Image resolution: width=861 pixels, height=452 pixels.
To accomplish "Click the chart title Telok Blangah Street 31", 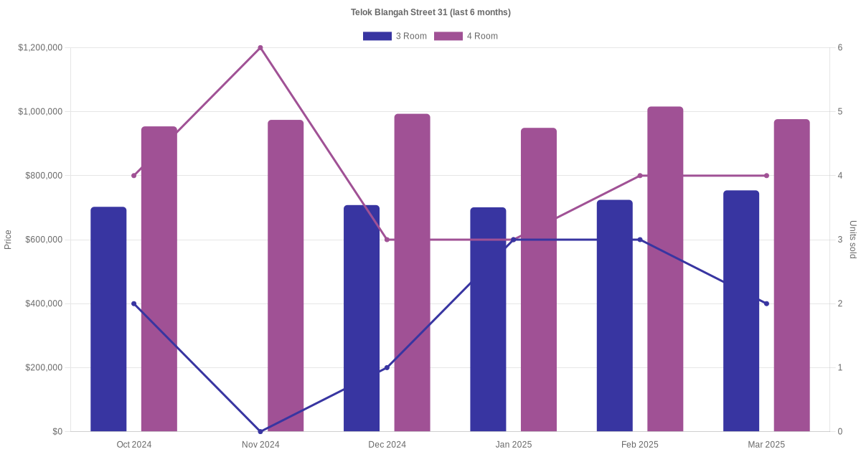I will (x=430, y=12).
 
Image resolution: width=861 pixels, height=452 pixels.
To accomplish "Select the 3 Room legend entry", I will (x=395, y=36).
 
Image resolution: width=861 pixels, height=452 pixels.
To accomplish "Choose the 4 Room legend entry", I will (x=466, y=36).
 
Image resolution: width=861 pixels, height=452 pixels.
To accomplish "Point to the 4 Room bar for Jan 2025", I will (x=539, y=280).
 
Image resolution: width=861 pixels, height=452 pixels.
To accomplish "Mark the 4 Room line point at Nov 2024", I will (x=260, y=48).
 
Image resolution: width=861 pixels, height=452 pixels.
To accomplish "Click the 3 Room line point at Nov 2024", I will (x=260, y=431).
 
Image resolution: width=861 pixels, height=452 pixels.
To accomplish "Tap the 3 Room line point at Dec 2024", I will (x=387, y=367).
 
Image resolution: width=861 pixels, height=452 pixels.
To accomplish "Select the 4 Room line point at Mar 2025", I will (x=766, y=176).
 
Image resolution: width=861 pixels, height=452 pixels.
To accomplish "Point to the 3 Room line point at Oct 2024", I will (x=133, y=303).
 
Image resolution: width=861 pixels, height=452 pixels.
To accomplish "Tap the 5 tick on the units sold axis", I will (x=839, y=112).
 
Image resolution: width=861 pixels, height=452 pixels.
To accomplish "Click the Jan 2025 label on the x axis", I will (x=514, y=445).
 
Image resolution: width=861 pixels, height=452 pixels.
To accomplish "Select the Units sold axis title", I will (x=852, y=240).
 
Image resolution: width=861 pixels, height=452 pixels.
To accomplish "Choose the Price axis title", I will (x=8, y=240).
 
